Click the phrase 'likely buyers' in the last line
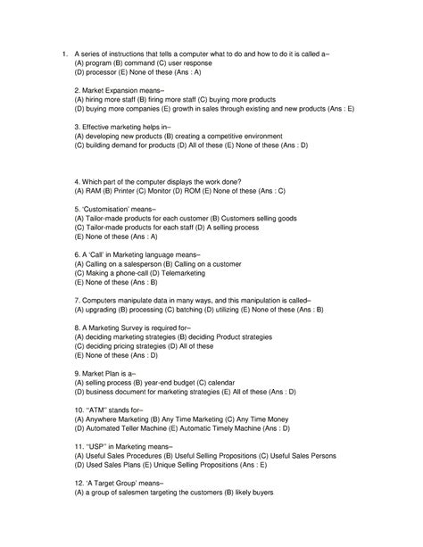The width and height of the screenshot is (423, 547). (253, 492)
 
